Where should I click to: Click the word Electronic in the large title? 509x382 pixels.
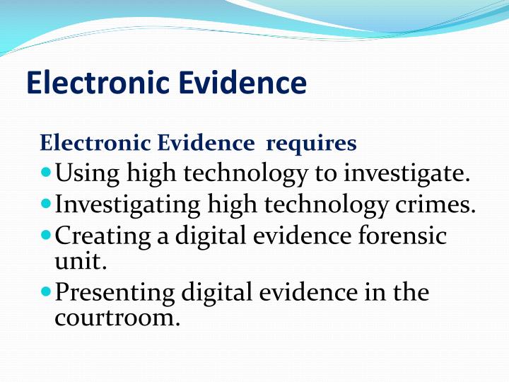(97, 83)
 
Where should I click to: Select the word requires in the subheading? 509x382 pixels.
(311, 144)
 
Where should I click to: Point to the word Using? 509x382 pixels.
(86, 173)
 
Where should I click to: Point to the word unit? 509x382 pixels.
(80, 261)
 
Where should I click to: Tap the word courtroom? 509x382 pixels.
(117, 317)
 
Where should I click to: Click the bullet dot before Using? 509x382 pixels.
(46, 172)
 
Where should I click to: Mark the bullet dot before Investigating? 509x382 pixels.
(46, 203)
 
